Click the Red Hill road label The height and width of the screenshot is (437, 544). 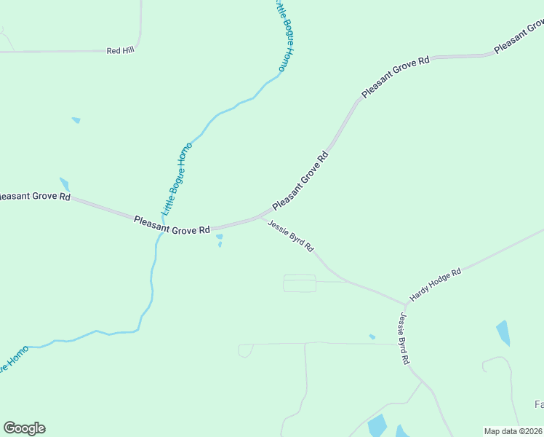(121, 50)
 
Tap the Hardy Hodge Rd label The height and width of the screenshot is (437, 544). (436, 285)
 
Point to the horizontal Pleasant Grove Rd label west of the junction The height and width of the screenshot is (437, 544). (172, 224)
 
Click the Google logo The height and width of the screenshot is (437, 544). (24, 428)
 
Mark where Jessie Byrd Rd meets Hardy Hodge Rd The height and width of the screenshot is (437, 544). (404, 304)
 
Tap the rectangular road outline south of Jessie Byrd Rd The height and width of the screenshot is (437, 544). (300, 283)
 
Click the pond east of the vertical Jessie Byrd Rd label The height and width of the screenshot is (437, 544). (503, 332)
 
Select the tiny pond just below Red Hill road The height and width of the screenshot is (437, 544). (76, 119)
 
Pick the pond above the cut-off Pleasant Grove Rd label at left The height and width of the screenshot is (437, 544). (64, 184)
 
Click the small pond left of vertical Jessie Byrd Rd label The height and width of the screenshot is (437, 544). (372, 336)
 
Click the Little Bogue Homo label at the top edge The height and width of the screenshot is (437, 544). (285, 36)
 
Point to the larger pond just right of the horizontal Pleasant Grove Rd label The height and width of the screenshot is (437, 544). (219, 236)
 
